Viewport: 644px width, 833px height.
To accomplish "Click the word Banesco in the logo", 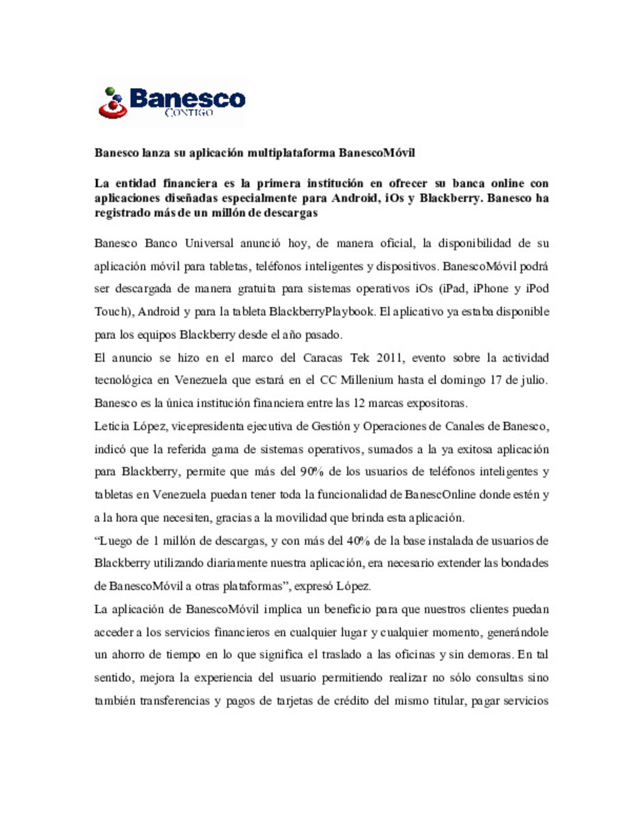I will point(187,98).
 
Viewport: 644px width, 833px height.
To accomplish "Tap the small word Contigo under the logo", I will point(188,113).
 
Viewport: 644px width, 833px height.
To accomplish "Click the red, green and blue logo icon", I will point(112,103).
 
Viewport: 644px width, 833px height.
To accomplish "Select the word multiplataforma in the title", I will point(292,153).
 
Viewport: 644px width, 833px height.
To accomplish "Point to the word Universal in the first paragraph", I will point(209,243).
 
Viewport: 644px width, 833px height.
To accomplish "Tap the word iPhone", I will point(490,289).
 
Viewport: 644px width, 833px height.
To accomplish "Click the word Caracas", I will point(323,358).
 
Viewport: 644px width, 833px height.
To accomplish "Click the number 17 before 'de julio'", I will point(496,380).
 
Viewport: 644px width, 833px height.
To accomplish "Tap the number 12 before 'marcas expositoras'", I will point(358,403).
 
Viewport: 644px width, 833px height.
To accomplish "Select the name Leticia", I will point(111,427).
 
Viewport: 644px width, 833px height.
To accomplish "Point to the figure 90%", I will point(311,472).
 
